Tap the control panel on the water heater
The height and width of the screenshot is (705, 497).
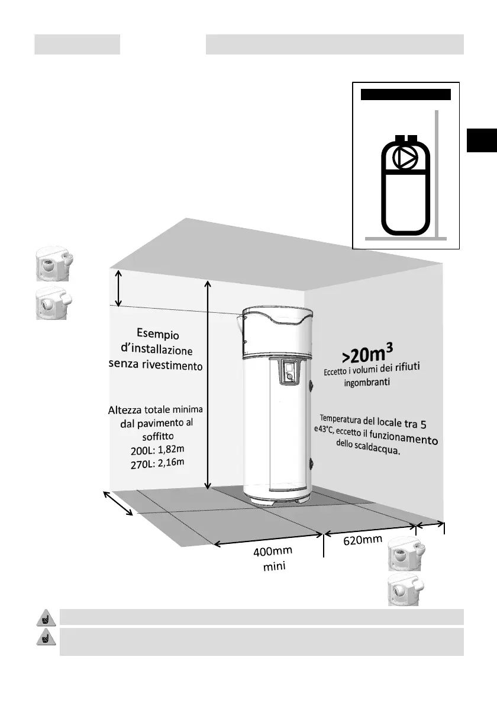(x=288, y=372)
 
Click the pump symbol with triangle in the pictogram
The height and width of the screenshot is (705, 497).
(x=406, y=158)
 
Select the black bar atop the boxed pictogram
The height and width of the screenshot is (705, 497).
(x=406, y=94)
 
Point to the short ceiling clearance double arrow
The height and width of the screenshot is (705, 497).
(x=119, y=288)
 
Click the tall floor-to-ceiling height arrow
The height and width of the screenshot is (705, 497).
(x=208, y=385)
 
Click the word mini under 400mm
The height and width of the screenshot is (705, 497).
(x=274, y=568)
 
